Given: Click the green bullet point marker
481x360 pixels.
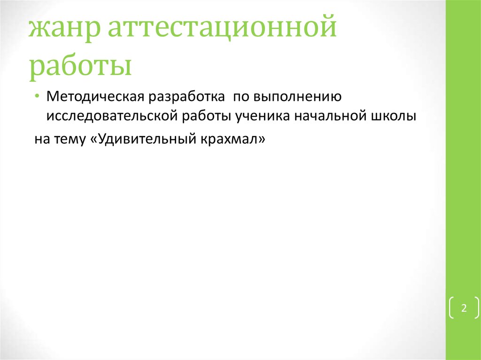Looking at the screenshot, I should [x=37, y=96].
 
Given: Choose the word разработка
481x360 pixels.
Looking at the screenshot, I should [x=186, y=97].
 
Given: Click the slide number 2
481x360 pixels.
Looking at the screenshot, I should [x=464, y=308].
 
